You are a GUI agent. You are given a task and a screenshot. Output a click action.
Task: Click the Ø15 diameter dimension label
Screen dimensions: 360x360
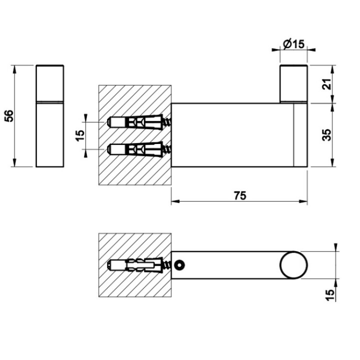pos(293,44)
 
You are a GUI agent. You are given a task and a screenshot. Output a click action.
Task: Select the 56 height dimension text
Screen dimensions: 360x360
pos(8,116)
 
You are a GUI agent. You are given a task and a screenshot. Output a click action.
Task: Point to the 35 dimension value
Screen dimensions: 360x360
pos(326,135)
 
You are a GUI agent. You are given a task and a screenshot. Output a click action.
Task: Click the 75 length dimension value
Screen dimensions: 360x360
pos(240,195)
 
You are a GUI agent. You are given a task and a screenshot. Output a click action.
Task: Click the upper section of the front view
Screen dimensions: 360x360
pos(49,83)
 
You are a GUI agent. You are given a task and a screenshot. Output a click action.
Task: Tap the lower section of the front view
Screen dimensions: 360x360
pos(49,135)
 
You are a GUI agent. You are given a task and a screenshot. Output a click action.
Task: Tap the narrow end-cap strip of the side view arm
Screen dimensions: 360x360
pos(300,135)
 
